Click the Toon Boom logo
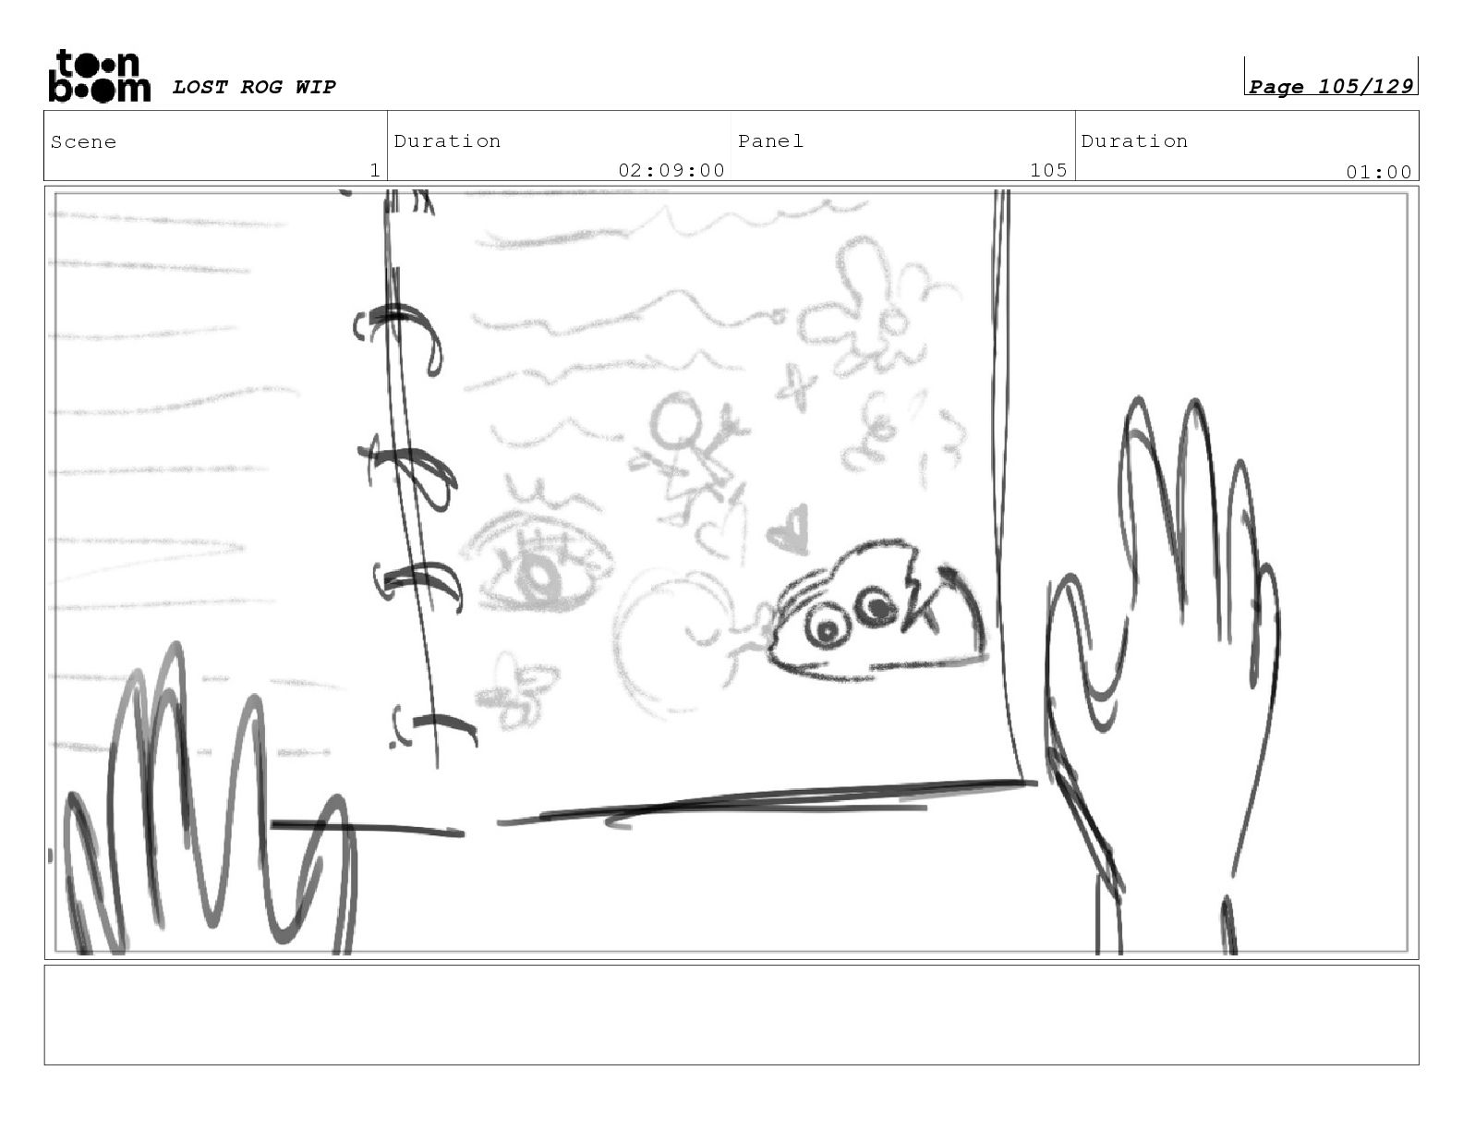click(x=100, y=76)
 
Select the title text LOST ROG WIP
click(x=254, y=87)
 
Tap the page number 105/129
click(x=1365, y=86)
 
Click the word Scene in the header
click(x=83, y=142)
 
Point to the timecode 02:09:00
click(x=671, y=170)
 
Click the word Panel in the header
click(x=771, y=140)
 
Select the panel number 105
click(x=1048, y=170)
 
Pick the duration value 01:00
click(x=1378, y=173)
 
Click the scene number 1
click(x=375, y=170)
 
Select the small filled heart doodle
click(x=789, y=531)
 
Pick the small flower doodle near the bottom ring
click(x=517, y=689)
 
